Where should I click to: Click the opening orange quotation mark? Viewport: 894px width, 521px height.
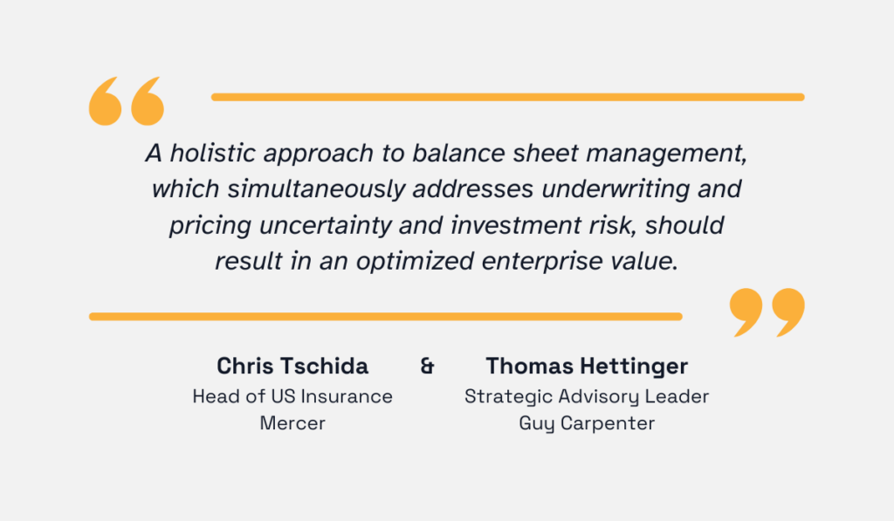click(x=127, y=99)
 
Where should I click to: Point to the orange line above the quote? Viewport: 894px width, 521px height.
click(x=507, y=97)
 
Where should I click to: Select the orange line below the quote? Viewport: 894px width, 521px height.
click(x=385, y=316)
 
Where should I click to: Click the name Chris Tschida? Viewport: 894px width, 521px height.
click(x=292, y=365)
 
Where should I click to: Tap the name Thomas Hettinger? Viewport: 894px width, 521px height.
click(x=587, y=365)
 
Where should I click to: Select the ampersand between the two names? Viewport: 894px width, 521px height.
click(x=428, y=365)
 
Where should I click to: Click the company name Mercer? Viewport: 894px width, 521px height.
click(x=292, y=424)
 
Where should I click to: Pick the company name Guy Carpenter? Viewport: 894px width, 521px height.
click(x=587, y=424)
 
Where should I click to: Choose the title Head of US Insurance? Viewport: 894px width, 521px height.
click(x=292, y=396)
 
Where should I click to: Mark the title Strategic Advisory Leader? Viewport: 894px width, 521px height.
click(x=587, y=396)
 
